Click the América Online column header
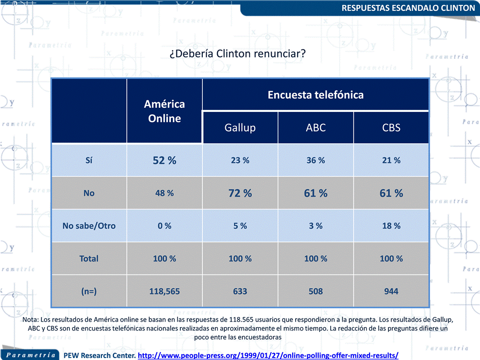coord(164,111)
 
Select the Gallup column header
coord(240,127)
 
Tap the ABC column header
coord(316,127)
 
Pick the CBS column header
coord(391,127)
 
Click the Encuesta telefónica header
coord(316,94)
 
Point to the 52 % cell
coord(164,160)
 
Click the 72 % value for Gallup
coord(240,193)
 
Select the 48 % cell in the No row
coord(164,193)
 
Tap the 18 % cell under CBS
coord(391,226)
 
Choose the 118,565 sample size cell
coord(164,291)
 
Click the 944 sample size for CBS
coord(391,291)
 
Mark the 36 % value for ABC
coord(316,160)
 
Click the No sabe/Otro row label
coord(89,226)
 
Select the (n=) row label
coord(89,291)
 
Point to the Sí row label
coord(89,160)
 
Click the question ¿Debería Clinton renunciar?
coord(237,53)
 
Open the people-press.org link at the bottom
coord(268,355)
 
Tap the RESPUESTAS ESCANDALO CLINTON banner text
coord(408,8)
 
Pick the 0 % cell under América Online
coord(164,226)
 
